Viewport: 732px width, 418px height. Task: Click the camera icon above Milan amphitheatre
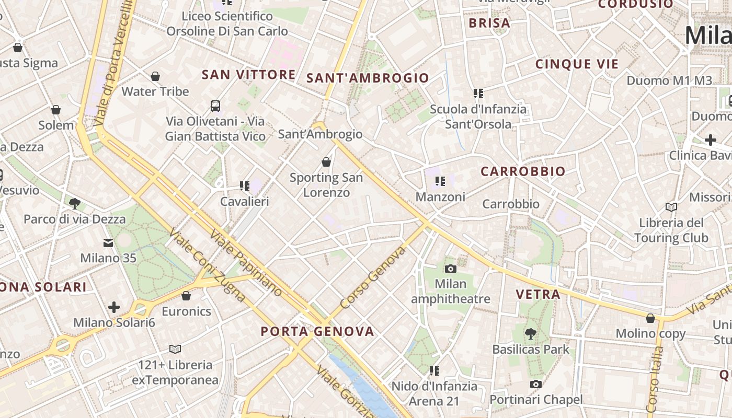click(x=450, y=269)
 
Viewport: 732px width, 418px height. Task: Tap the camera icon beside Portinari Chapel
click(x=535, y=385)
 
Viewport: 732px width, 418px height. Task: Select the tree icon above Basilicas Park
click(x=531, y=333)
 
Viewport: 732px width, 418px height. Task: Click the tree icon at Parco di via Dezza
click(x=75, y=203)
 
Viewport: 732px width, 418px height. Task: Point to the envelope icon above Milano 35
click(x=108, y=243)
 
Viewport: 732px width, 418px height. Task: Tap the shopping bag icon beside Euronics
click(x=186, y=296)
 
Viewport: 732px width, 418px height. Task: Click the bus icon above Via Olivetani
click(x=215, y=106)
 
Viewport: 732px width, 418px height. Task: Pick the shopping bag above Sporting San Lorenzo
click(x=326, y=162)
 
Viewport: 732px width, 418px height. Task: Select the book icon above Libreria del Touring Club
click(x=671, y=207)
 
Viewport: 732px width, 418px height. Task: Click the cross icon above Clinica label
click(x=710, y=140)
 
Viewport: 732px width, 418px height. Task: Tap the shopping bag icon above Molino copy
click(x=650, y=318)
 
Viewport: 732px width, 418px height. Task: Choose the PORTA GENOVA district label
click(x=317, y=331)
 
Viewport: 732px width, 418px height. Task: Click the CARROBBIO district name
click(x=523, y=171)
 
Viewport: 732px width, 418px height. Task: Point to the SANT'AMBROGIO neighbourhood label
click(x=368, y=78)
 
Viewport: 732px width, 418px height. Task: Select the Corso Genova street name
click(x=373, y=278)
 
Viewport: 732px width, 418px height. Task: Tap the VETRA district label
click(x=538, y=294)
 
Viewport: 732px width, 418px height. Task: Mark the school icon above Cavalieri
click(x=244, y=185)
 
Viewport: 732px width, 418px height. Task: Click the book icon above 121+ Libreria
click(x=175, y=349)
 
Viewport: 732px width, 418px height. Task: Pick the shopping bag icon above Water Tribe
click(x=155, y=76)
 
